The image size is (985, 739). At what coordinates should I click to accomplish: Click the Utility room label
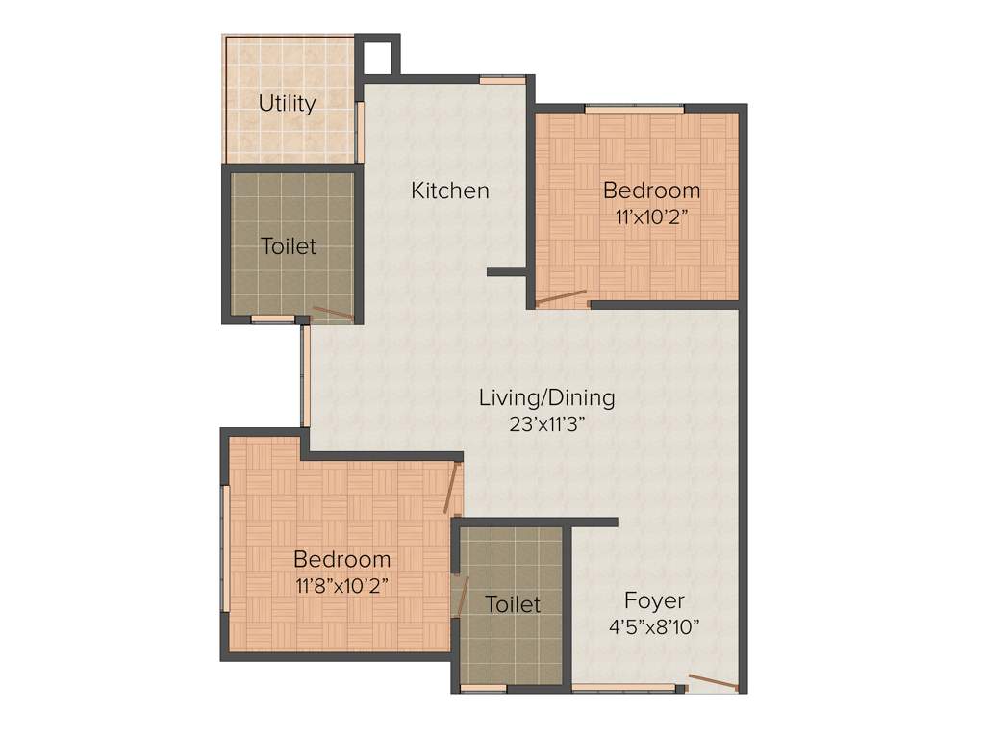pyautogui.click(x=287, y=103)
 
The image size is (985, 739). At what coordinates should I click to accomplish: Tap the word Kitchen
pyautogui.click(x=450, y=191)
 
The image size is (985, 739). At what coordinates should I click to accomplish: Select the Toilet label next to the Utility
pyautogui.click(x=289, y=246)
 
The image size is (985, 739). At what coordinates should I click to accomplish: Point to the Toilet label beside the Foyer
pyautogui.click(x=513, y=604)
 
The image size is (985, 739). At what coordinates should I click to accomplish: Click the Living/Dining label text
pyautogui.click(x=547, y=397)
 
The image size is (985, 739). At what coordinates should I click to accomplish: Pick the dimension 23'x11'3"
pyautogui.click(x=547, y=424)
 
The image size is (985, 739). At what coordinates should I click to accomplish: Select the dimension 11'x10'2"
pyautogui.click(x=651, y=217)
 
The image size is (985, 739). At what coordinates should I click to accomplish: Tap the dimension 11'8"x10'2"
pyautogui.click(x=341, y=585)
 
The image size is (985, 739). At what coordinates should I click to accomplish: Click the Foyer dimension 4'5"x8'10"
pyautogui.click(x=654, y=626)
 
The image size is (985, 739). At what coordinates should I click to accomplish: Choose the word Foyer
pyautogui.click(x=654, y=600)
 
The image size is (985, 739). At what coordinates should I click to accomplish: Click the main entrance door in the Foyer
pyautogui.click(x=713, y=684)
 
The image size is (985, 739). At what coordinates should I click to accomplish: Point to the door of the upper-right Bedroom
pyautogui.click(x=561, y=297)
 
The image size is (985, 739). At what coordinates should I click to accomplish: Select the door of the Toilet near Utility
pyautogui.click(x=333, y=312)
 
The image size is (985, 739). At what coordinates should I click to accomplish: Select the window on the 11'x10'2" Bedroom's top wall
pyautogui.click(x=635, y=109)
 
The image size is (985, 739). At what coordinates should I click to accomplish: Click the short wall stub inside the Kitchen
pyautogui.click(x=506, y=272)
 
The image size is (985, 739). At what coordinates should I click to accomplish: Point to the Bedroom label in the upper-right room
pyautogui.click(x=651, y=190)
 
